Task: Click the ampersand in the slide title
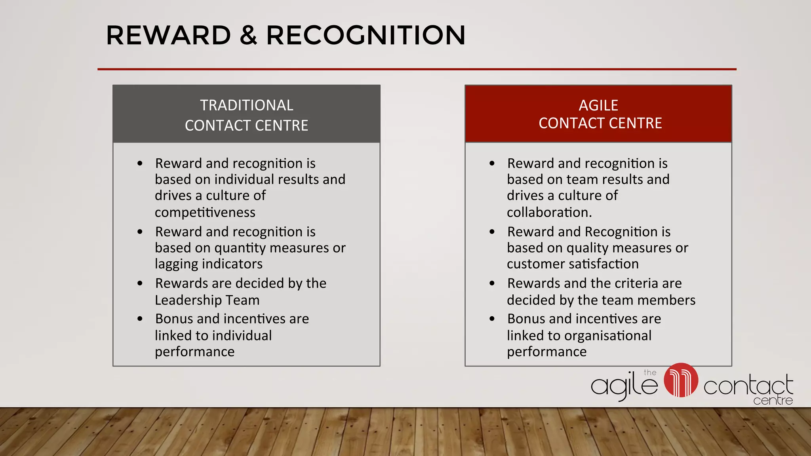click(248, 36)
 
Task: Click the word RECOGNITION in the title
click(366, 36)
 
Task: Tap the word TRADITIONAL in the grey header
click(246, 105)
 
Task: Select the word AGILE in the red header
click(598, 105)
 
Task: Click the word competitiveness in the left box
click(205, 213)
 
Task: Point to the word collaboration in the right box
click(548, 213)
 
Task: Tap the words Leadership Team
click(207, 300)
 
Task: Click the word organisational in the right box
click(607, 336)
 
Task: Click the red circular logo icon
click(681, 380)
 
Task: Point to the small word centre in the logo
click(773, 401)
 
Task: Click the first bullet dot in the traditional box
click(140, 163)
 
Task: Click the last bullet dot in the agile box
click(492, 319)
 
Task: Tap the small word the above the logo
click(650, 372)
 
